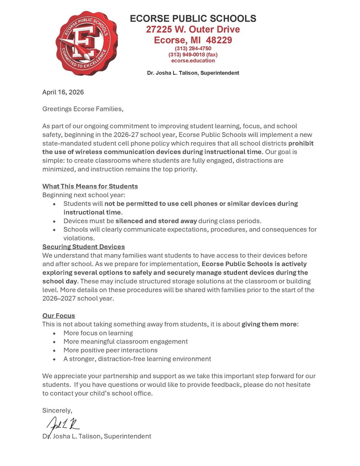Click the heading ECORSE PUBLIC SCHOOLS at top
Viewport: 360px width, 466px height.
pyautogui.click(x=193, y=19)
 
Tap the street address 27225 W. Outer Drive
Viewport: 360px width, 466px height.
pyautogui.click(x=193, y=29)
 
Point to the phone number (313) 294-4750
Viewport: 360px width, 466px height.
pyautogui.click(x=193, y=48)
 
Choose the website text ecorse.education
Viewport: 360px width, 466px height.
pyautogui.click(x=193, y=61)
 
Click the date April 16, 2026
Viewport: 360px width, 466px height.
pyautogui.click(x=63, y=92)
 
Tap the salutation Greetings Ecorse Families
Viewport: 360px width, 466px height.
pyautogui.click(x=83, y=110)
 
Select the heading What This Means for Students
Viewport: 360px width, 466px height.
pyautogui.click(x=90, y=186)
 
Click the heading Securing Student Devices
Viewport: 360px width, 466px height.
pyautogui.click(x=83, y=247)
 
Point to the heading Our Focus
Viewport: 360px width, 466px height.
pyautogui.click(x=59, y=315)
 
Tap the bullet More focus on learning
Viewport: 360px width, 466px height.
pyautogui.click(x=98, y=333)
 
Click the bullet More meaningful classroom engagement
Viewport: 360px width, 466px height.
pyautogui.click(x=125, y=342)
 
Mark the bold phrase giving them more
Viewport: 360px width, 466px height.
pyautogui.click(x=269, y=324)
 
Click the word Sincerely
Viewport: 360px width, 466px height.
pyautogui.click(x=57, y=411)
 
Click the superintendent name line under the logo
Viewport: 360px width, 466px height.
pyautogui.click(x=193, y=73)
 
